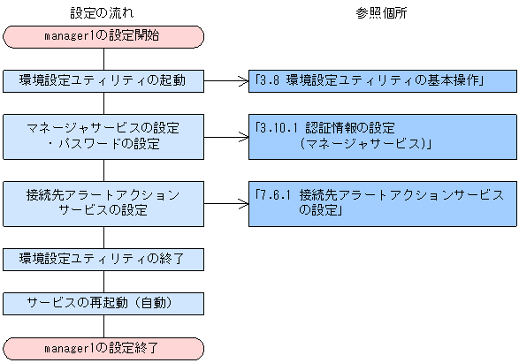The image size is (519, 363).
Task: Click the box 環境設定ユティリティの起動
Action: [x=104, y=79]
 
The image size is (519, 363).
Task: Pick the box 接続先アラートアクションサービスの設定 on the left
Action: [x=104, y=202]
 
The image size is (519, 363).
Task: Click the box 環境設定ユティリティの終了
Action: [x=104, y=259]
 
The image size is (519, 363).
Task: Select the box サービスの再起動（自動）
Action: [x=104, y=303]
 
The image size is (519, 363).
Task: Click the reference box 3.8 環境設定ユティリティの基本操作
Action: [x=381, y=79]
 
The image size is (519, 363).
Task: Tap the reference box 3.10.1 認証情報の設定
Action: [x=381, y=134]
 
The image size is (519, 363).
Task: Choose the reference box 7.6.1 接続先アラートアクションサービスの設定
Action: [x=381, y=202]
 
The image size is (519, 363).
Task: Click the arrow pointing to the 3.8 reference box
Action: [x=226, y=79]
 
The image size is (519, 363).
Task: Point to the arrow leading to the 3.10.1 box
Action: [x=226, y=135]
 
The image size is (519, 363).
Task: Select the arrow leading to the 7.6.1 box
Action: [x=226, y=202]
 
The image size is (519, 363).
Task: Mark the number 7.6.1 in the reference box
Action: [x=275, y=193]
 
